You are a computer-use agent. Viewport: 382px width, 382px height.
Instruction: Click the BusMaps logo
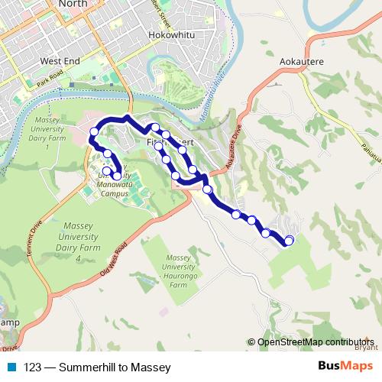[x=346, y=367]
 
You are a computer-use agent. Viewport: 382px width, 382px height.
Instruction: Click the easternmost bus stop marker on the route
[x=289, y=241]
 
